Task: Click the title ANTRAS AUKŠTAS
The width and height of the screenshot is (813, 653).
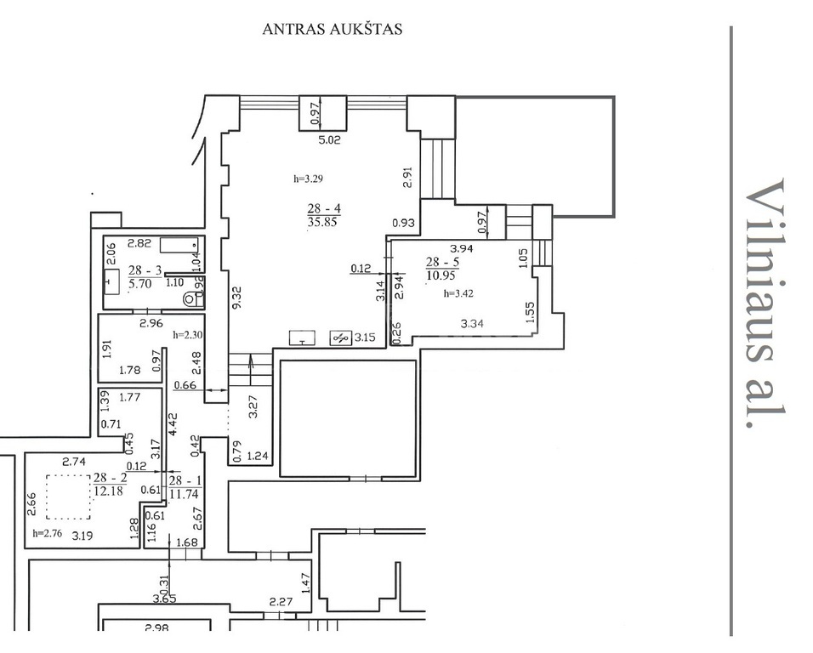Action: (333, 29)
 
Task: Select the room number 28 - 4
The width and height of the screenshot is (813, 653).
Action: (324, 209)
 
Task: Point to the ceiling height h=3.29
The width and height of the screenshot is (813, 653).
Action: (309, 179)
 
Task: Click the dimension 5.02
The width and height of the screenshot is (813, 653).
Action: (329, 139)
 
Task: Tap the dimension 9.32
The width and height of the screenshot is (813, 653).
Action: (237, 298)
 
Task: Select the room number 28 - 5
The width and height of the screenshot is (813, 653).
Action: (442, 262)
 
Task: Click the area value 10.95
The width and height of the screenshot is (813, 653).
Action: (441, 275)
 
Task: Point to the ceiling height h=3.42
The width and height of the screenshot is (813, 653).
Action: (458, 294)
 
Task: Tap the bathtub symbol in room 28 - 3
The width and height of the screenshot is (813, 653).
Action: (179, 245)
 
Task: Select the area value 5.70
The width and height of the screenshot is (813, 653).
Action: (139, 283)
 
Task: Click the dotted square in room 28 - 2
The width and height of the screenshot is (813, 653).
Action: (68, 497)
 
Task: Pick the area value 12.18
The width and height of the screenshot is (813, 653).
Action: (108, 491)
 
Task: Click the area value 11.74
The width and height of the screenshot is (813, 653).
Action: (184, 494)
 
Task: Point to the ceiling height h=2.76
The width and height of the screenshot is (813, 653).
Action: (47, 533)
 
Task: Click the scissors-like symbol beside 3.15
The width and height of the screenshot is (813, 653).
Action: (340, 338)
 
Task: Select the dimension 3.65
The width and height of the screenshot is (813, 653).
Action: (164, 599)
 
